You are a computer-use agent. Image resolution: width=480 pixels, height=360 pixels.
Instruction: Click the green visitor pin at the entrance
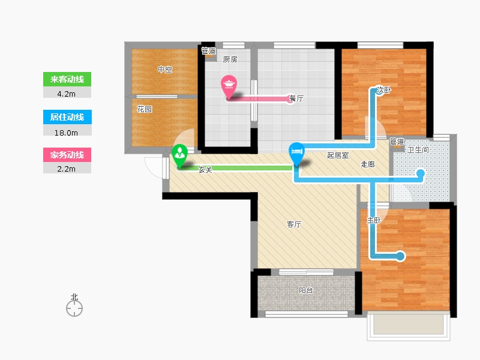(179, 155)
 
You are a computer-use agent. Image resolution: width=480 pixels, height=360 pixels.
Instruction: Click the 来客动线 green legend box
(67, 79)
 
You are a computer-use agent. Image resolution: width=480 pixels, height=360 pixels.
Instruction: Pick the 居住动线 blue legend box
(67, 117)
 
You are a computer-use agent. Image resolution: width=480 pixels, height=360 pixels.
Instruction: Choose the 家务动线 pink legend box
(67, 155)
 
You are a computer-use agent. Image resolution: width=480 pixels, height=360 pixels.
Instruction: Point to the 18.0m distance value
(66, 133)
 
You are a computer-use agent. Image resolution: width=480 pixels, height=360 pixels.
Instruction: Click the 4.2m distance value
(66, 94)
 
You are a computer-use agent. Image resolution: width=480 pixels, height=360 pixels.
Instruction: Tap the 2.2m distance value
(66, 169)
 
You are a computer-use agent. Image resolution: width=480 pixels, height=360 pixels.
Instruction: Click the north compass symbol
(74, 305)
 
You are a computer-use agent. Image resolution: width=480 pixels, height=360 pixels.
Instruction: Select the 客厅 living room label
(294, 224)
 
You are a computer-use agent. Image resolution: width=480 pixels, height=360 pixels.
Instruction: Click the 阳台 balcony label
(306, 290)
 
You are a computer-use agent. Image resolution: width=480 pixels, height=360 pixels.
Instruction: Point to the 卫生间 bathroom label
(418, 150)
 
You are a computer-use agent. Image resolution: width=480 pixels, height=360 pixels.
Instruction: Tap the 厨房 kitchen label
(230, 59)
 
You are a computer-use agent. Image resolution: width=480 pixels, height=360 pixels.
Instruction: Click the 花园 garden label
(144, 109)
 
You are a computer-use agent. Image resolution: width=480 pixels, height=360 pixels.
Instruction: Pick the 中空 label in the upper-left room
(165, 70)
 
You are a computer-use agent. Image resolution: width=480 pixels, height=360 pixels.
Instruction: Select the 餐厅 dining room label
(296, 98)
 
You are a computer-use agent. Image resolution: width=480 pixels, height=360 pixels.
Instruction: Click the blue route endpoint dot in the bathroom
(421, 173)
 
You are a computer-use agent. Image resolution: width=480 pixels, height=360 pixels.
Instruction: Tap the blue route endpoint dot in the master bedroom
(400, 256)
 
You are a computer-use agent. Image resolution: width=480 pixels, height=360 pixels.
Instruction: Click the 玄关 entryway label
(205, 170)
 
